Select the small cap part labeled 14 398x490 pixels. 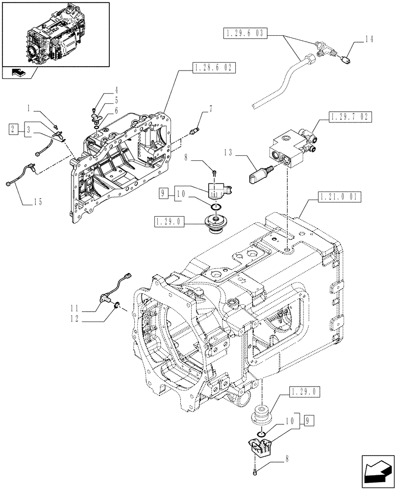(x=346, y=61)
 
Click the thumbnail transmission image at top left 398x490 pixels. (x=55, y=33)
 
